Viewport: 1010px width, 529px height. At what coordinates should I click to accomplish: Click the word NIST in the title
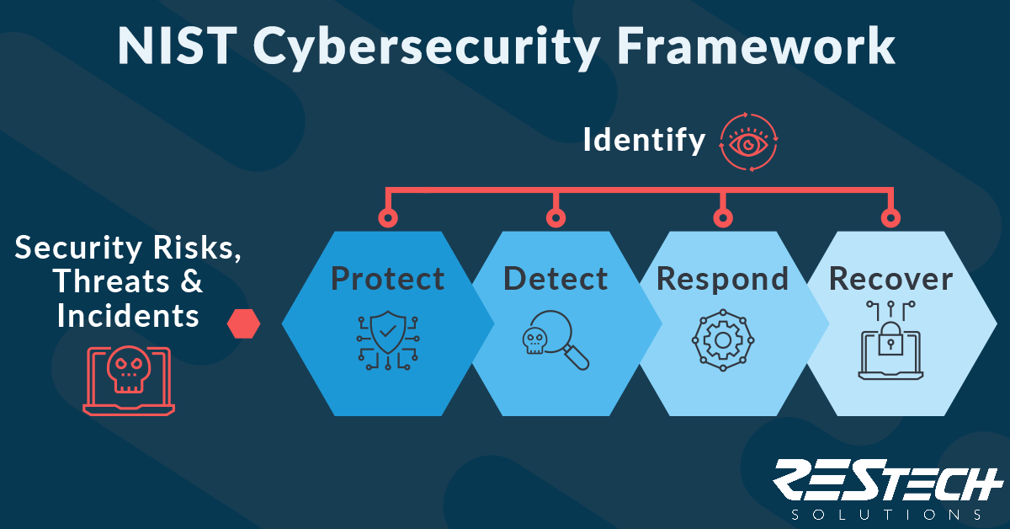point(178,46)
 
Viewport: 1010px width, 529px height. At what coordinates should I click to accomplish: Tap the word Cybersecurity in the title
point(426,49)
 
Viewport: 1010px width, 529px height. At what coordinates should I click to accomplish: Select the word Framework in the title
point(756,45)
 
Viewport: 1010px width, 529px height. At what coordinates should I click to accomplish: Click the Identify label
point(644,141)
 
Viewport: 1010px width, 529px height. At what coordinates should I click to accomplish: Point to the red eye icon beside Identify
point(748,142)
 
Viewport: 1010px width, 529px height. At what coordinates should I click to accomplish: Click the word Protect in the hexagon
point(388,279)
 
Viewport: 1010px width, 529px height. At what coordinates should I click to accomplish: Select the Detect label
point(555,279)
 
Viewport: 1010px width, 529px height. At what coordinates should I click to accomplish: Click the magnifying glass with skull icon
point(555,339)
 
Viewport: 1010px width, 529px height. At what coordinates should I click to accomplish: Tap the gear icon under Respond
point(723,340)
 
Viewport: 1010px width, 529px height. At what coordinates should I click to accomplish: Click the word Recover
point(891,279)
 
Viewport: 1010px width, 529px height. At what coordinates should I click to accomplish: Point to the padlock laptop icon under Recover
point(890,340)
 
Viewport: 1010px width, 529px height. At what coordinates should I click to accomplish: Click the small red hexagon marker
point(243,323)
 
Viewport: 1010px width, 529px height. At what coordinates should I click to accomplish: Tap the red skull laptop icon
point(129,380)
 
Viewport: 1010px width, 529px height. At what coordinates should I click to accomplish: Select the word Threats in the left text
point(111,281)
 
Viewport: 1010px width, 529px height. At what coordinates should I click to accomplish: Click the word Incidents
point(128,315)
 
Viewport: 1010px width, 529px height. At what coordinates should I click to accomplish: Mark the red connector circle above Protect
point(388,218)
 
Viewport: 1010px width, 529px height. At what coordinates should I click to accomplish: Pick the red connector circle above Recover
point(890,218)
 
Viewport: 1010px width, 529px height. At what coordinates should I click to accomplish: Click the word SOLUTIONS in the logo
point(886,515)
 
